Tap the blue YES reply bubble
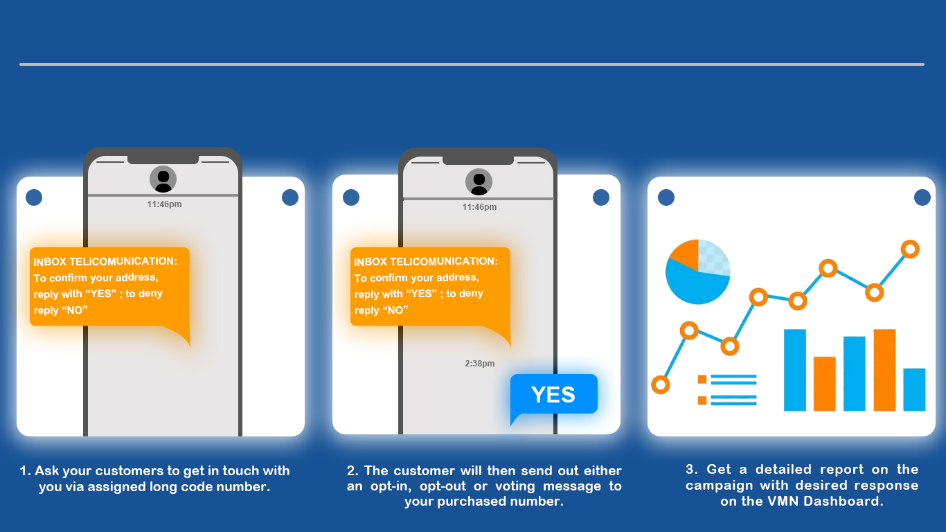[553, 395]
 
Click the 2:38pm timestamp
[480, 364]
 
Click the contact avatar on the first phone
[163, 179]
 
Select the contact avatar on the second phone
[479, 182]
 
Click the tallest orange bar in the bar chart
[884, 370]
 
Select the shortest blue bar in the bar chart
[914, 389]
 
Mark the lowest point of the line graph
[661, 385]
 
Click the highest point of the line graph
[910, 249]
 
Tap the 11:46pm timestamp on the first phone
[164, 204]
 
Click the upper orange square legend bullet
[702, 379]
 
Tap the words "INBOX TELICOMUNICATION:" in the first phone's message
[105, 262]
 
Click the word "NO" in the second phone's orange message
[395, 310]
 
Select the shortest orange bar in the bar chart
[824, 384]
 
